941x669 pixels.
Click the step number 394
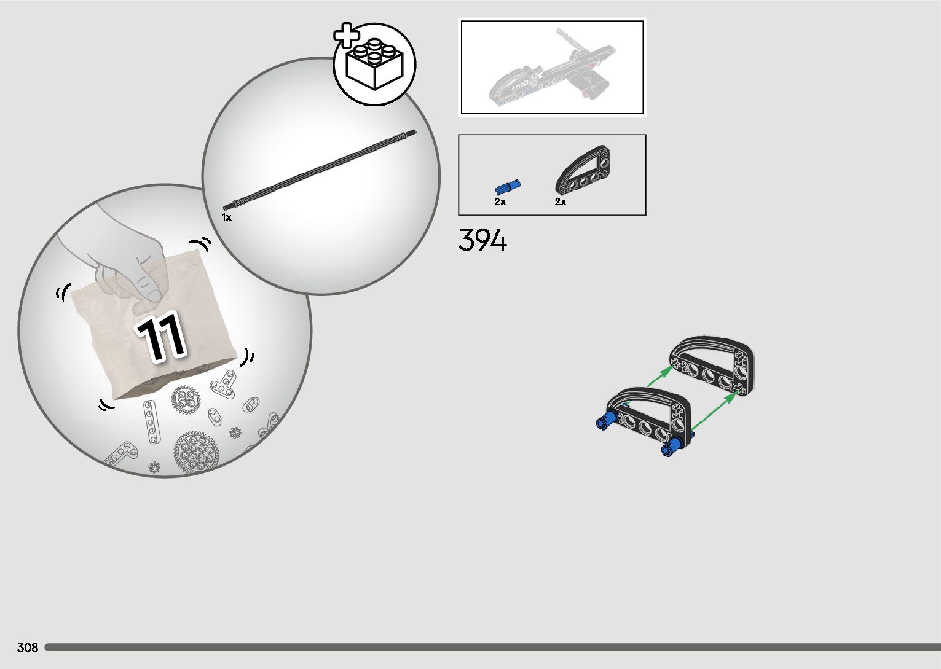[x=483, y=240]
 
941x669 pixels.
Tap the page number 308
[x=28, y=647]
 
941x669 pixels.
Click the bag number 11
[x=161, y=337]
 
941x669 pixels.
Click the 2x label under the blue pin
[x=500, y=201]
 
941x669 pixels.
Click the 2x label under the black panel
[x=560, y=201]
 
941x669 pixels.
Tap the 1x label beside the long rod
[x=226, y=217]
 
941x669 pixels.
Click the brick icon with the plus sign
[x=374, y=64]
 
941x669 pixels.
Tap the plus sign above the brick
[x=347, y=36]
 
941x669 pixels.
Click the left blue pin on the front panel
[x=605, y=421]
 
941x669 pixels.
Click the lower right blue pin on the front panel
[x=672, y=448]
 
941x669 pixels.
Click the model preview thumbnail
[x=552, y=67]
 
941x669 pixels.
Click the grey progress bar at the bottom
[x=492, y=647]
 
